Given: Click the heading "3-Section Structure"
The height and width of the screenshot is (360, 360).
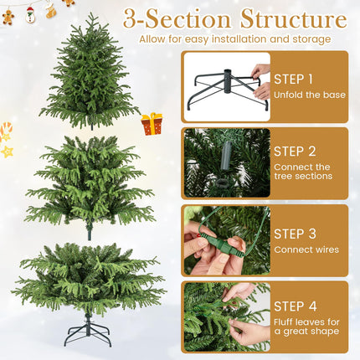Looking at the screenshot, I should click(x=234, y=18).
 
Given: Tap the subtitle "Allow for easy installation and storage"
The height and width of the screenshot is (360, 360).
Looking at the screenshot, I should click(x=234, y=39).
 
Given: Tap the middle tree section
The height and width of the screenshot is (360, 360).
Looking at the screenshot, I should click(x=90, y=184).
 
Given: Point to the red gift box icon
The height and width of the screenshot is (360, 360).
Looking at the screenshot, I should click(x=152, y=124).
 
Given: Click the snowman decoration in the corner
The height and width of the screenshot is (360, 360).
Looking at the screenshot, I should click(x=31, y=14).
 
